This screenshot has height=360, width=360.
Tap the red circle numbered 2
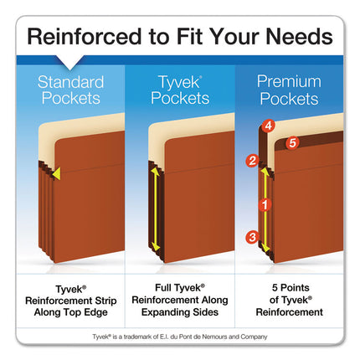pos(251,161)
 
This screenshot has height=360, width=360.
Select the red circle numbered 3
pos(252,238)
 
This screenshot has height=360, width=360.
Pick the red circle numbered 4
pos(269,127)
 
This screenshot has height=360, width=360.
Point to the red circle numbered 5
pos(292,143)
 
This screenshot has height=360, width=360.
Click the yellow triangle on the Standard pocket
pos(55,173)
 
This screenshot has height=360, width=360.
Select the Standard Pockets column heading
pos(70,90)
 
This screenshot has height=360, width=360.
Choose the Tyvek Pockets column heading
pos(179,90)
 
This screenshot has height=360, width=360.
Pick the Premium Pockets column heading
pos(288,90)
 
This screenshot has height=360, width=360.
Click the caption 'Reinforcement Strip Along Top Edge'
pos(70,305)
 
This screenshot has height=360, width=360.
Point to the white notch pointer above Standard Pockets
pos(70,63)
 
